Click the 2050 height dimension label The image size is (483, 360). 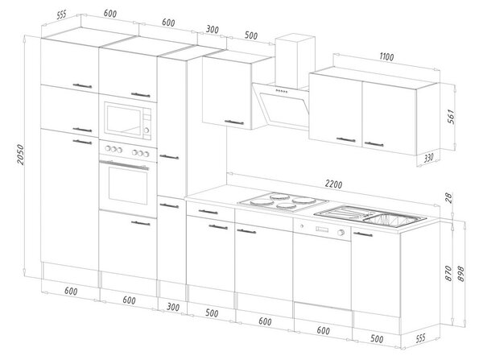pyautogui.click(x=20, y=154)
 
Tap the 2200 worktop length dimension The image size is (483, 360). pyautogui.click(x=333, y=184)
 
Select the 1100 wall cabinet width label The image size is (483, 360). pyautogui.click(x=386, y=56)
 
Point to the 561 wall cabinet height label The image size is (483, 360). pyautogui.click(x=451, y=116)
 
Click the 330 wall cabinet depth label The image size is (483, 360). pyautogui.click(x=428, y=158)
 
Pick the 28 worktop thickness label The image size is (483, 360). pyautogui.click(x=449, y=197)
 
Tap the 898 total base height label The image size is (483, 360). pyautogui.click(x=461, y=273)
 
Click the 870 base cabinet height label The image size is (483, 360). pyautogui.click(x=449, y=273)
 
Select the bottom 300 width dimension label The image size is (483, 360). pyautogui.click(x=173, y=307)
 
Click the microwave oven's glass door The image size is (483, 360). pyautogui.click(x=123, y=121)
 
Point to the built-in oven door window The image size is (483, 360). pyautogui.click(x=128, y=185)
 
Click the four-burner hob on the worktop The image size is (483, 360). pyautogui.click(x=283, y=201)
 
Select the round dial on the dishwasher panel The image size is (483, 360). pyautogui.click(x=341, y=233)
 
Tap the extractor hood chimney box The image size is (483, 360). pyautogui.click(x=295, y=61)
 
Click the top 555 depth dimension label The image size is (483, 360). pyautogui.click(x=62, y=14)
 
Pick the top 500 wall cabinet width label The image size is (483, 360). pyautogui.click(x=251, y=35)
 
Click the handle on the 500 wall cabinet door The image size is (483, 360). pyautogui.click(x=234, y=122)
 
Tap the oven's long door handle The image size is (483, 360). pyautogui.click(x=124, y=165)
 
